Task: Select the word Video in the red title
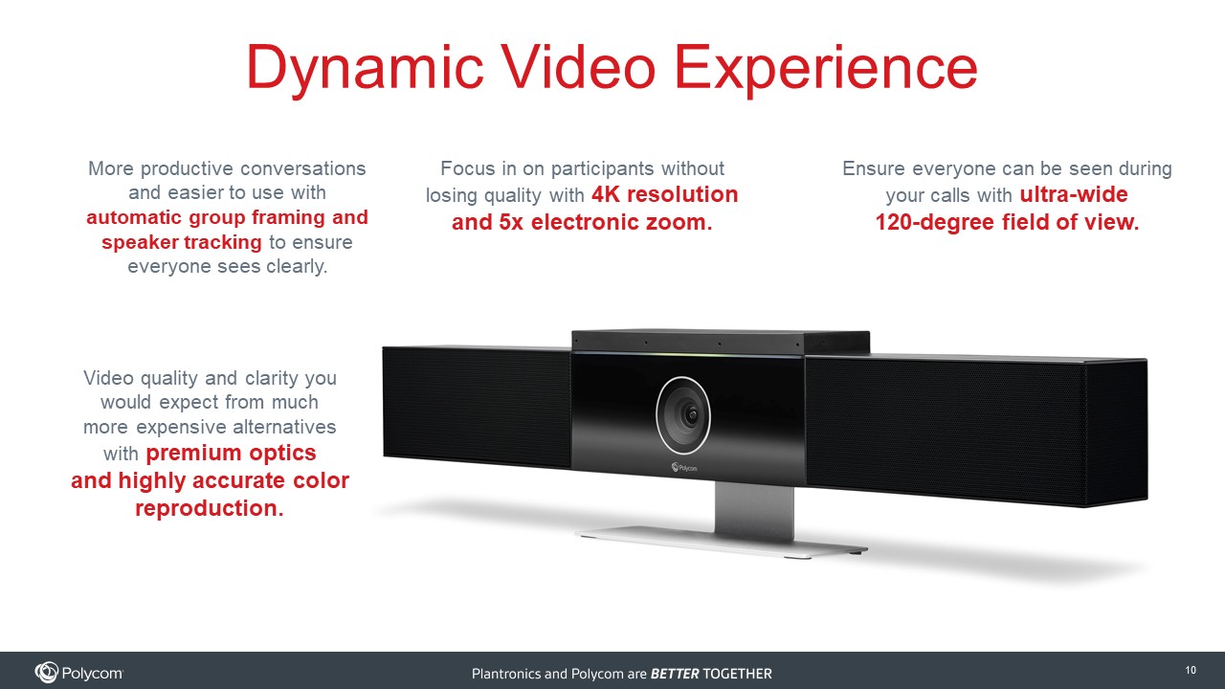click(579, 67)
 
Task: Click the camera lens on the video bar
click(683, 415)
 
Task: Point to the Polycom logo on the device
click(684, 468)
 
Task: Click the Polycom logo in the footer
click(78, 673)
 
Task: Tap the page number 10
click(1191, 670)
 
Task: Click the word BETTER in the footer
click(675, 674)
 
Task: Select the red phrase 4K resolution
click(664, 194)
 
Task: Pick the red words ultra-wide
click(1074, 194)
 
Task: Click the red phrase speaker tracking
click(182, 242)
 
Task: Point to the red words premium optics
click(231, 454)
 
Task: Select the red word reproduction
click(210, 508)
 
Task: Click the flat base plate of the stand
click(722, 542)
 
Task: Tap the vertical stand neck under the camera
click(754, 508)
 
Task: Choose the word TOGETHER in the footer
click(738, 674)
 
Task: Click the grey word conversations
click(303, 168)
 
